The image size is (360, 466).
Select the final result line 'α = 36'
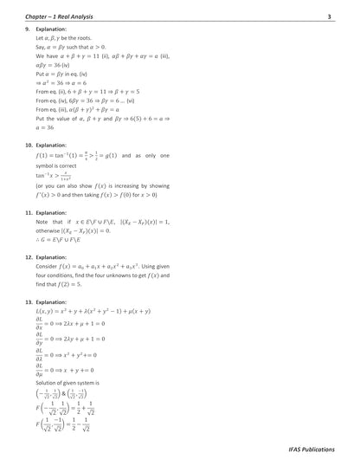[x=48, y=127]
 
